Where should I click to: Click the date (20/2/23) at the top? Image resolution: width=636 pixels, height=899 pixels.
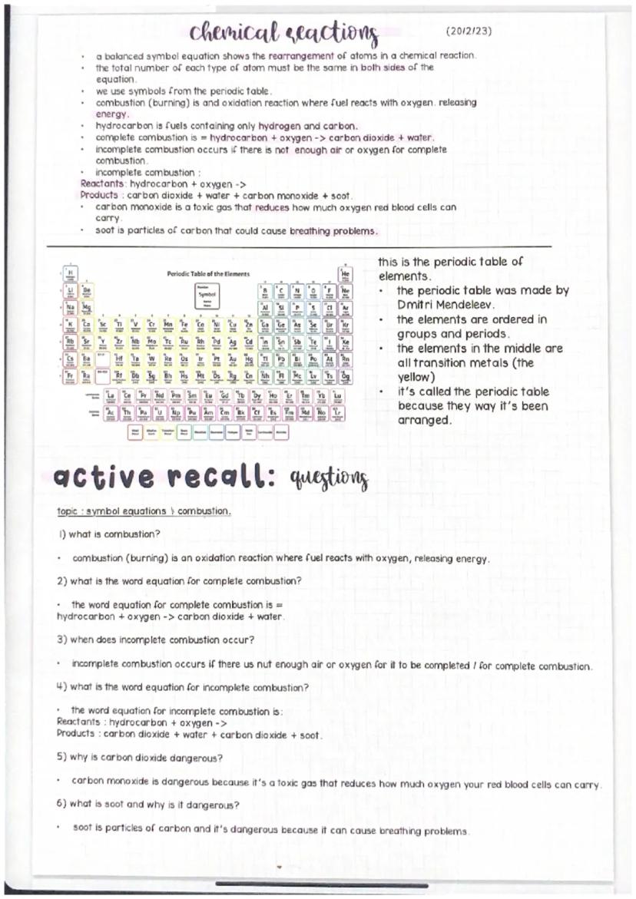pyautogui.click(x=469, y=31)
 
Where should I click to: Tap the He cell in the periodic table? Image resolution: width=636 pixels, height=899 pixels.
pyautogui.click(x=345, y=273)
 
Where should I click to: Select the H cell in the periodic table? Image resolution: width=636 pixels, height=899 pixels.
pyautogui.click(x=70, y=273)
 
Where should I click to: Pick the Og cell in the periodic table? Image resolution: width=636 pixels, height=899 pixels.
pyautogui.click(x=345, y=375)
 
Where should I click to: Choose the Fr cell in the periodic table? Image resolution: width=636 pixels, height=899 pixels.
pyautogui.click(x=70, y=375)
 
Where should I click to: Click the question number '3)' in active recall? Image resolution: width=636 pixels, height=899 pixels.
pyautogui.click(x=63, y=640)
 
